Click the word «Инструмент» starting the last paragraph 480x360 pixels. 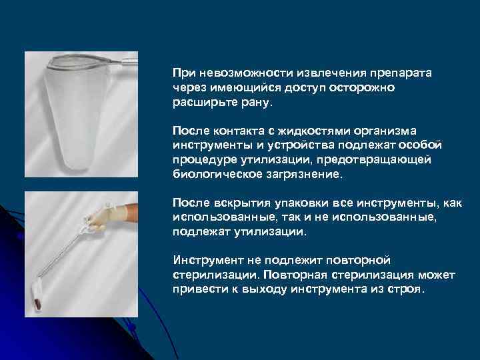[207, 259]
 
